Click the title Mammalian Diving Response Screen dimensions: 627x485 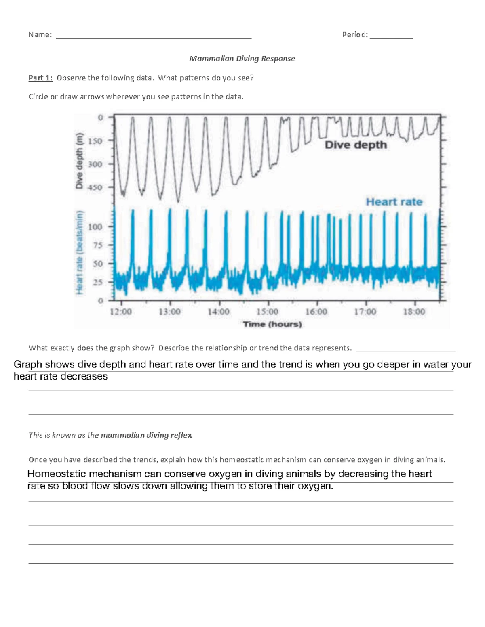tap(242, 59)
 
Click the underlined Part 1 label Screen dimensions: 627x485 tap(40, 78)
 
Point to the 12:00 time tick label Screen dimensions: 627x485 tap(121, 312)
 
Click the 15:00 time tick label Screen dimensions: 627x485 tap(267, 312)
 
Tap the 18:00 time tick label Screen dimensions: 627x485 tap(414, 312)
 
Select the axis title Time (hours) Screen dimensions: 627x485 tap(272, 324)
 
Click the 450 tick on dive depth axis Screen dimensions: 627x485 tap(95, 187)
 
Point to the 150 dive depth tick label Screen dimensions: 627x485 tap(95, 141)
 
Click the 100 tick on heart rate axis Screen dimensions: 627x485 tap(95, 227)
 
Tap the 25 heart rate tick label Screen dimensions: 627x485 tap(97, 282)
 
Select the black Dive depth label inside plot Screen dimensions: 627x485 tap(356, 145)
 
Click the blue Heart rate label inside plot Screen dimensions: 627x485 tap(394, 202)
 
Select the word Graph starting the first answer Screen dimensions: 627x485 tap(28, 365)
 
